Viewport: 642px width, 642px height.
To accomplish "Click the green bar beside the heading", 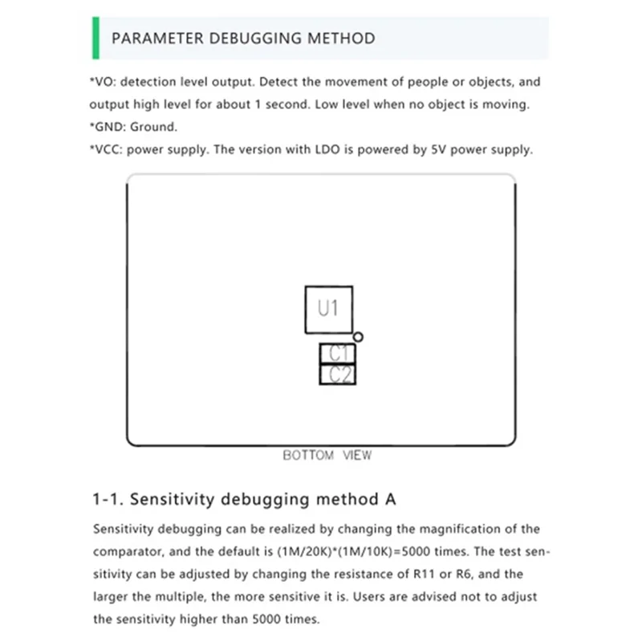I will coord(95,37).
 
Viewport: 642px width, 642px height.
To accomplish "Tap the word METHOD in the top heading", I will coord(344,38).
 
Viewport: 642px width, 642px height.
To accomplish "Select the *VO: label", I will coord(104,82).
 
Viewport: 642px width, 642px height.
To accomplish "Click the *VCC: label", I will coord(107,149).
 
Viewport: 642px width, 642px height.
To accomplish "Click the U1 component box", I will coord(328,309).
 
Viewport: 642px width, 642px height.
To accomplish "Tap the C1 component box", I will coord(338,353).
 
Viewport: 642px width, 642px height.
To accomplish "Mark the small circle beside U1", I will coord(359,337).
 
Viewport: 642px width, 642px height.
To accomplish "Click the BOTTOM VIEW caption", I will coord(327,455).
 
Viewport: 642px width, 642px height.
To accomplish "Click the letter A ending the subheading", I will coord(391,499).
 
